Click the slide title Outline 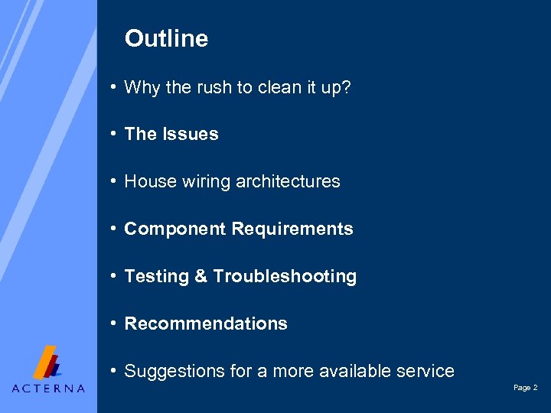pyautogui.click(x=166, y=39)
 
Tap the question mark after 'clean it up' pyautogui.click(x=346, y=87)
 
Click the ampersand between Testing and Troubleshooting pyautogui.click(x=201, y=276)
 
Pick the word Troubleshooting pyautogui.click(x=285, y=276)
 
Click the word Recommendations pyautogui.click(x=206, y=324)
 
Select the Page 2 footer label pyautogui.click(x=525, y=388)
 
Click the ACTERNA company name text pyautogui.click(x=48, y=388)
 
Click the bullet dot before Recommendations pyautogui.click(x=112, y=324)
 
